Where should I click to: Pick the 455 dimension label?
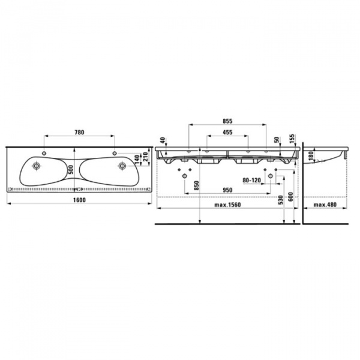click(227, 132)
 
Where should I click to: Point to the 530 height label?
click(280, 200)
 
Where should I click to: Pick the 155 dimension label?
click(292, 140)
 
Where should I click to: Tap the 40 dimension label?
click(161, 140)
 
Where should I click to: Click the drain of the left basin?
click(37, 165)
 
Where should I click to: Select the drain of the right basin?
click(122, 165)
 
